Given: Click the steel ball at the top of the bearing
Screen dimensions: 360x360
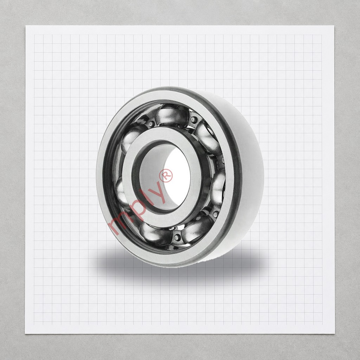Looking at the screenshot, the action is tap(172, 115).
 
